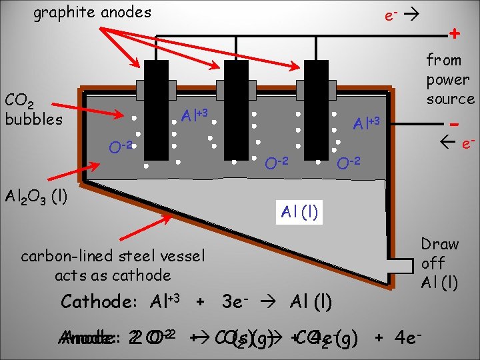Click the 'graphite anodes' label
[92, 12]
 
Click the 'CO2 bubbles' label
[33, 110]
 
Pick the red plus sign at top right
[454, 33]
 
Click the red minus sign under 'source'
[454, 125]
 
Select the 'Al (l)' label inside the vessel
[299, 213]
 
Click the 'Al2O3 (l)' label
[37, 197]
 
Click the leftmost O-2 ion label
[123, 145]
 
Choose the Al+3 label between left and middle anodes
[195, 116]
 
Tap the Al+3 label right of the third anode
[366, 123]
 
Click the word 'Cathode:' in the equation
[99, 301]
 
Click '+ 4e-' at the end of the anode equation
[399, 337]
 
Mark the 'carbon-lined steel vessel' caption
[113, 256]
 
